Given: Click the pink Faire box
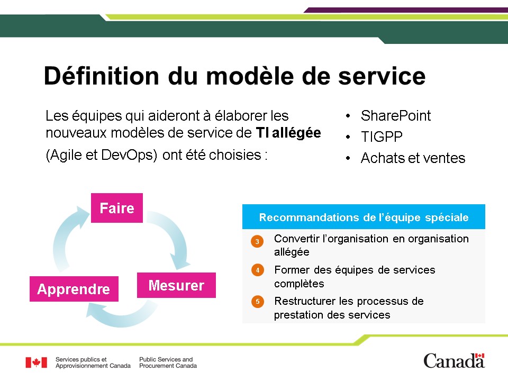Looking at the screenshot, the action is pos(116,208).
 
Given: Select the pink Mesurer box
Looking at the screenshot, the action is pos(176,285).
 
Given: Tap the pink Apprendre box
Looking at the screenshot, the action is pos(74,289).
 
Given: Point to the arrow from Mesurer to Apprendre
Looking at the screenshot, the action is pos(121,319).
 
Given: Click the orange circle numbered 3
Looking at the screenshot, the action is pos(257,241).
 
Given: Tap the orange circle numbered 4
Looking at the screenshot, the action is pos(258,270).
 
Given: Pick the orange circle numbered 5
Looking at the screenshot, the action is pos(258,302).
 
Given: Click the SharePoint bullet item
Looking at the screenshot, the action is pos(396,116).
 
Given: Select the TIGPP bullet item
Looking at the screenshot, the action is pos(382,137).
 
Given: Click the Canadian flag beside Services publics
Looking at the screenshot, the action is pos(37,362).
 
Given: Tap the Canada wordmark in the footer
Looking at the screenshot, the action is pos(454,361).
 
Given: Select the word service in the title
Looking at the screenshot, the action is pos(382,77).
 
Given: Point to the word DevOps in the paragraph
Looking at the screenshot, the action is pos(129,155).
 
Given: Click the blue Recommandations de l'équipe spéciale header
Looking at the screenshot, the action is pos(364,217).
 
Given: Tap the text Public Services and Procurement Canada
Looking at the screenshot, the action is pos(168,362).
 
